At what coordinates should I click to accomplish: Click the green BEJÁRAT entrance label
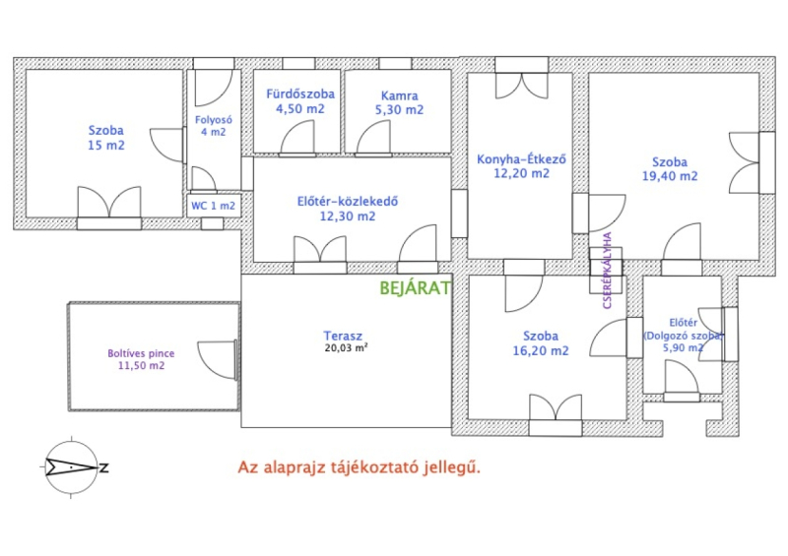click(415, 288)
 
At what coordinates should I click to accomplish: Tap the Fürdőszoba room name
click(300, 93)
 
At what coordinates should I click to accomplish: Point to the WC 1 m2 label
click(213, 206)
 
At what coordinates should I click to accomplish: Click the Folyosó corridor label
click(214, 120)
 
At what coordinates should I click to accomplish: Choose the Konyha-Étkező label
click(521, 159)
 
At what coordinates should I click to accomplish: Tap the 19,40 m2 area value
click(670, 176)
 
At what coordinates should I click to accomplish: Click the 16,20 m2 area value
click(541, 351)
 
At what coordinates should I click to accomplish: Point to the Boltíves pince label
click(141, 353)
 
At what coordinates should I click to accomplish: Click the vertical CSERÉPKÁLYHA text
click(607, 271)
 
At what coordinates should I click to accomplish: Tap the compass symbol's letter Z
click(104, 468)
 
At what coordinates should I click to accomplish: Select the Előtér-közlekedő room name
click(348, 202)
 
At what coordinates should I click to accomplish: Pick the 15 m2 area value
click(106, 146)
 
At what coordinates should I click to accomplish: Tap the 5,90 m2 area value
click(683, 347)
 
